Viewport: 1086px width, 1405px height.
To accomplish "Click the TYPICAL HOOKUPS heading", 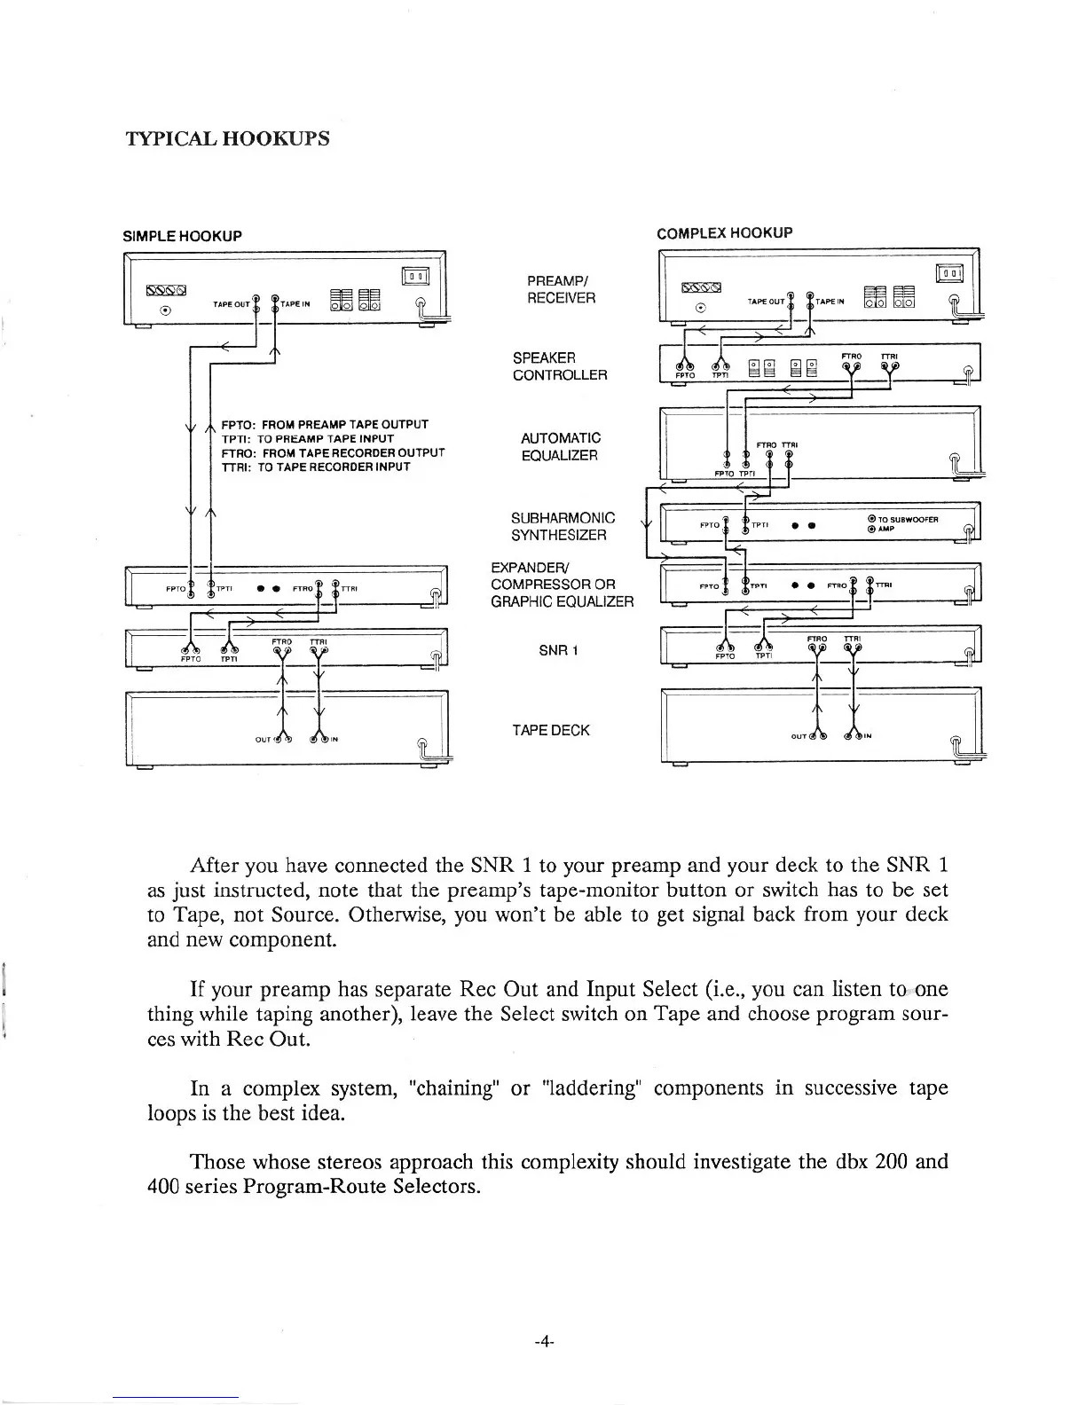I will pos(229,138).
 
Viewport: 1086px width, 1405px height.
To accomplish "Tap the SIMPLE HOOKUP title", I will pos(182,236).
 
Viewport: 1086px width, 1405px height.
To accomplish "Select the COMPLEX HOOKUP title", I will pos(724,233).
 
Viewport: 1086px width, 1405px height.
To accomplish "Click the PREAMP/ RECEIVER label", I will pos(561,289).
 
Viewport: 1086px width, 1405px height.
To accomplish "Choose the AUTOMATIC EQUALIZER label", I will pos(560,446).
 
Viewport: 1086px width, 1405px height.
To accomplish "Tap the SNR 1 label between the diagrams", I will pos(558,650).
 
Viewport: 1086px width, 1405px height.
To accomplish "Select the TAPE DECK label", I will pos(550,730).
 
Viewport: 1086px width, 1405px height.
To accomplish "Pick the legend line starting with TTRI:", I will pos(315,467).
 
